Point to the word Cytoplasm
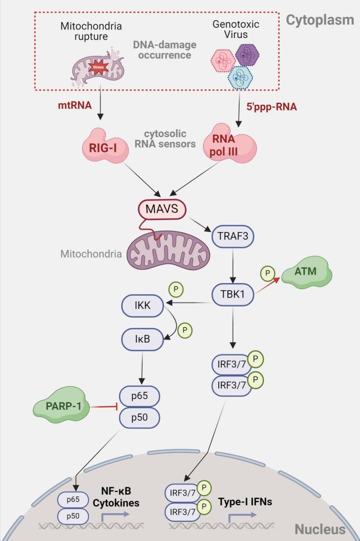pos(320,20)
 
